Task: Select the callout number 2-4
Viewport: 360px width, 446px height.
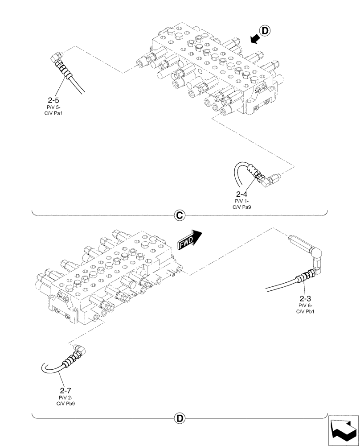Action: (241, 194)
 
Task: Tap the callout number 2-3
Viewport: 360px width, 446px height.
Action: (306, 298)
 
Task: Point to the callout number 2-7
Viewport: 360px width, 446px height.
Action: (66, 391)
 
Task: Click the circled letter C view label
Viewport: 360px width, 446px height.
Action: (179, 215)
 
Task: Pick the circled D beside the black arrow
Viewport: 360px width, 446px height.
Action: (265, 31)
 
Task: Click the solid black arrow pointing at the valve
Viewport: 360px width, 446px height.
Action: (254, 40)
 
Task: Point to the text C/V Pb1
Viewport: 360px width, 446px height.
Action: (306, 310)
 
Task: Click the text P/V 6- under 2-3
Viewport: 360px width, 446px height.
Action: (306, 305)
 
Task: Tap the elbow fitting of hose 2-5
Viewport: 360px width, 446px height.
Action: (56, 57)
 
